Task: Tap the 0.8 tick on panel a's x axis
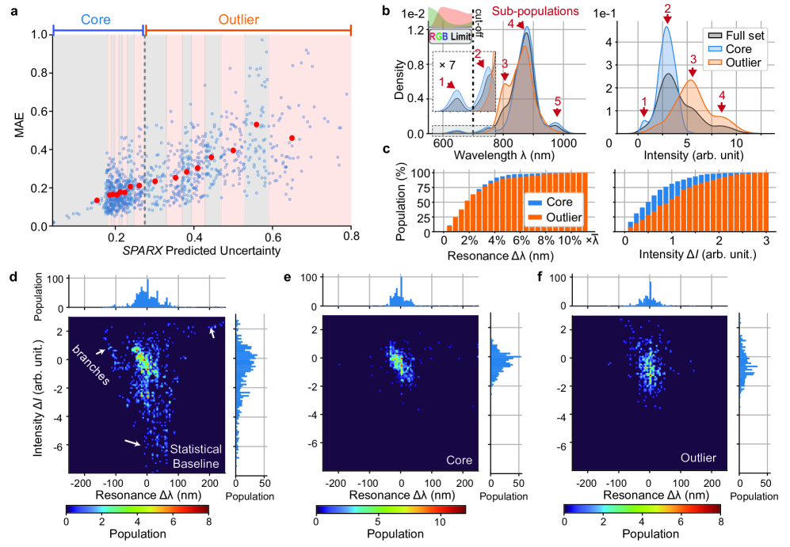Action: pos(352,237)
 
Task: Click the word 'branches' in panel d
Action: pos(88,367)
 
